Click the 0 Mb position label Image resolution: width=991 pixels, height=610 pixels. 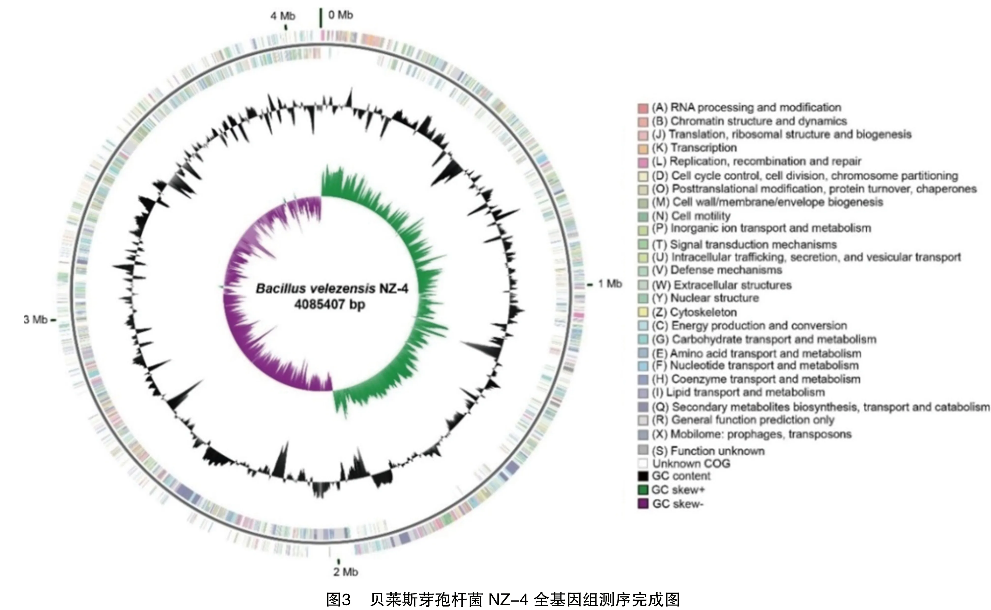340,15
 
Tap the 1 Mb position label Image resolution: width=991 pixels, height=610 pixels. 610,284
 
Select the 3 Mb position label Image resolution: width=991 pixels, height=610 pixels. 35,320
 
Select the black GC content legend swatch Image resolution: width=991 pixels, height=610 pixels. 643,476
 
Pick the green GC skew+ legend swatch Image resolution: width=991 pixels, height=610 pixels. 643,490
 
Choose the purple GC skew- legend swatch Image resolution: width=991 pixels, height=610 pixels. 643,504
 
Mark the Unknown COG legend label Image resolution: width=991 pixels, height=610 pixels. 691,464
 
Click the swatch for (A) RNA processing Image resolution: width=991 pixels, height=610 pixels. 643,108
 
